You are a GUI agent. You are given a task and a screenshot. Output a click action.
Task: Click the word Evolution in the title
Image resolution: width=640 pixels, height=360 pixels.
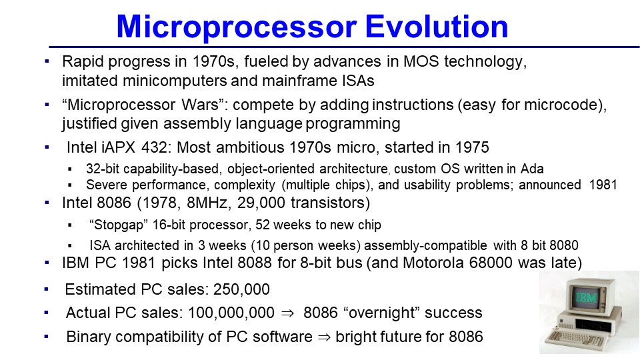pyautogui.click(x=436, y=27)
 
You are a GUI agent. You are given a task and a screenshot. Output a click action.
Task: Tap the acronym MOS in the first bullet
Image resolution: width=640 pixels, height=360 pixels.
pyautogui.click(x=421, y=61)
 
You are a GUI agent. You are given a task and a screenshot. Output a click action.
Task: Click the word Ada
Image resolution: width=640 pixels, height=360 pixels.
pyautogui.click(x=532, y=169)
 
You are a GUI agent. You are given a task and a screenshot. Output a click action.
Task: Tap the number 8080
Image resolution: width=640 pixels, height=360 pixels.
pyautogui.click(x=564, y=245)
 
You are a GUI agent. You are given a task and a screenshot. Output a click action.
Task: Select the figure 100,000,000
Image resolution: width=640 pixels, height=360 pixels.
pyautogui.click(x=231, y=313)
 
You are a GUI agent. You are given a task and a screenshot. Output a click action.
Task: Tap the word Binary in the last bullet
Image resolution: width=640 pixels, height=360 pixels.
pyautogui.click(x=87, y=337)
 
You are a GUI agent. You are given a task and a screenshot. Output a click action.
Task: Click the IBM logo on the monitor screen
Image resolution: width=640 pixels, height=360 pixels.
pyautogui.click(x=586, y=297)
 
